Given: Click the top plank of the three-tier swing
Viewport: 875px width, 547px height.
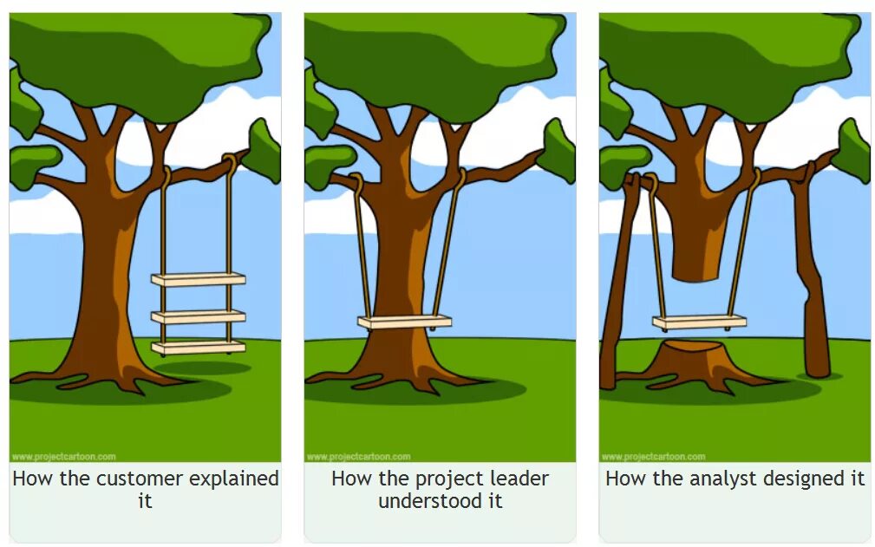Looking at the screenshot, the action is coord(198,279).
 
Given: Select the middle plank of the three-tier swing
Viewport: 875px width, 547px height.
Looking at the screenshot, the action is coord(198,316).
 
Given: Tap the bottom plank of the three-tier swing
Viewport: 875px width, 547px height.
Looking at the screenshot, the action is coord(198,347).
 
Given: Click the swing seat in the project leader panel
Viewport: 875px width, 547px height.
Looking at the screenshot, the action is coord(405,322).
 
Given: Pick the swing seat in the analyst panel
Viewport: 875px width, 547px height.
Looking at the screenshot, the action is coord(699,322).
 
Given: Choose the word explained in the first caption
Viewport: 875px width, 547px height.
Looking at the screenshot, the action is coord(234,479).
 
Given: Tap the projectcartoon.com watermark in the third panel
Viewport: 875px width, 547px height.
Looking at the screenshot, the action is coord(653,457).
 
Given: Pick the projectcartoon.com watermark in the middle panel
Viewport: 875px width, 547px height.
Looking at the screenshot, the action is coord(358,457).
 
